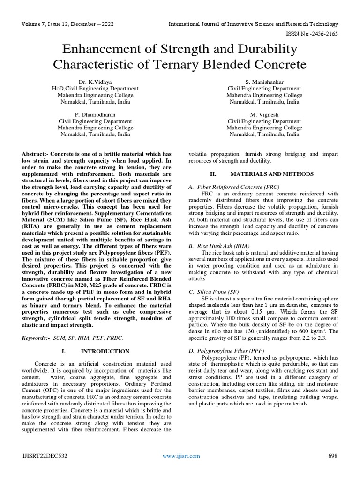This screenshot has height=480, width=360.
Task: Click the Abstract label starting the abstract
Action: [36, 154]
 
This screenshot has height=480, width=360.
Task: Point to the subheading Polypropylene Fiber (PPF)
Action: [230, 350]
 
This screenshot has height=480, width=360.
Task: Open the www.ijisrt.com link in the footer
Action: [181, 456]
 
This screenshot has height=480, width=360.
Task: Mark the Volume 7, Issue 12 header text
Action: [67, 24]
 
